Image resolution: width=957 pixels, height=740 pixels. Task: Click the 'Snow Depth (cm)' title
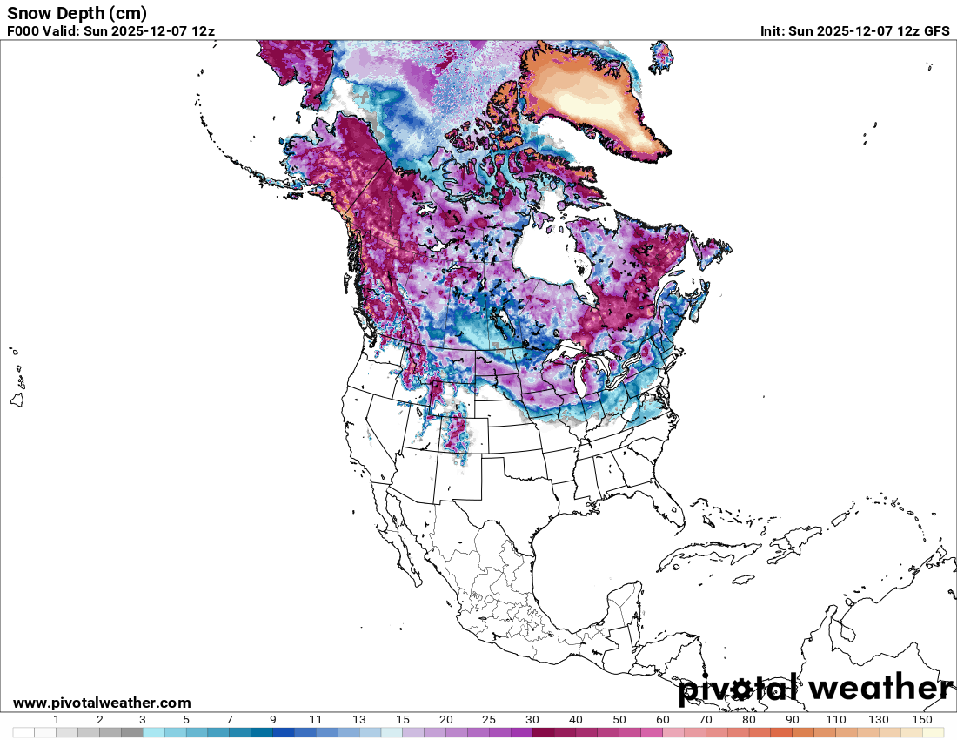pyautogui.click(x=77, y=13)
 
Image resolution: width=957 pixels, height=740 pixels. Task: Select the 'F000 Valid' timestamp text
pyautogui.click(x=110, y=30)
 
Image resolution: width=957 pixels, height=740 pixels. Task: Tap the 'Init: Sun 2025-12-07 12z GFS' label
pyautogui.click(x=854, y=30)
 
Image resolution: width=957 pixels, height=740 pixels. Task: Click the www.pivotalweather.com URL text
pyautogui.click(x=102, y=703)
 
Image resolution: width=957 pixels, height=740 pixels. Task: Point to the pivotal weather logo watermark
pyautogui.click(x=815, y=689)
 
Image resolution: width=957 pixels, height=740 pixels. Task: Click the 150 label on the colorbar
pyautogui.click(x=922, y=720)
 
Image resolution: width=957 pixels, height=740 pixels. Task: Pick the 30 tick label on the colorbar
pyautogui.click(x=532, y=720)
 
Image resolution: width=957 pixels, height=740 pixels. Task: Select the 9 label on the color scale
pyautogui.click(x=273, y=720)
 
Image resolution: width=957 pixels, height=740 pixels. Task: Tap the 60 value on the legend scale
pyautogui.click(x=663, y=720)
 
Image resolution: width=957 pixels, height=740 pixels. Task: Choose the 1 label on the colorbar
pyautogui.click(x=57, y=720)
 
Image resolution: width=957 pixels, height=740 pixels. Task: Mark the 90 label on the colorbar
pyautogui.click(x=793, y=720)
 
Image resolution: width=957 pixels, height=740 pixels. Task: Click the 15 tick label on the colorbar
pyautogui.click(x=403, y=720)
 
